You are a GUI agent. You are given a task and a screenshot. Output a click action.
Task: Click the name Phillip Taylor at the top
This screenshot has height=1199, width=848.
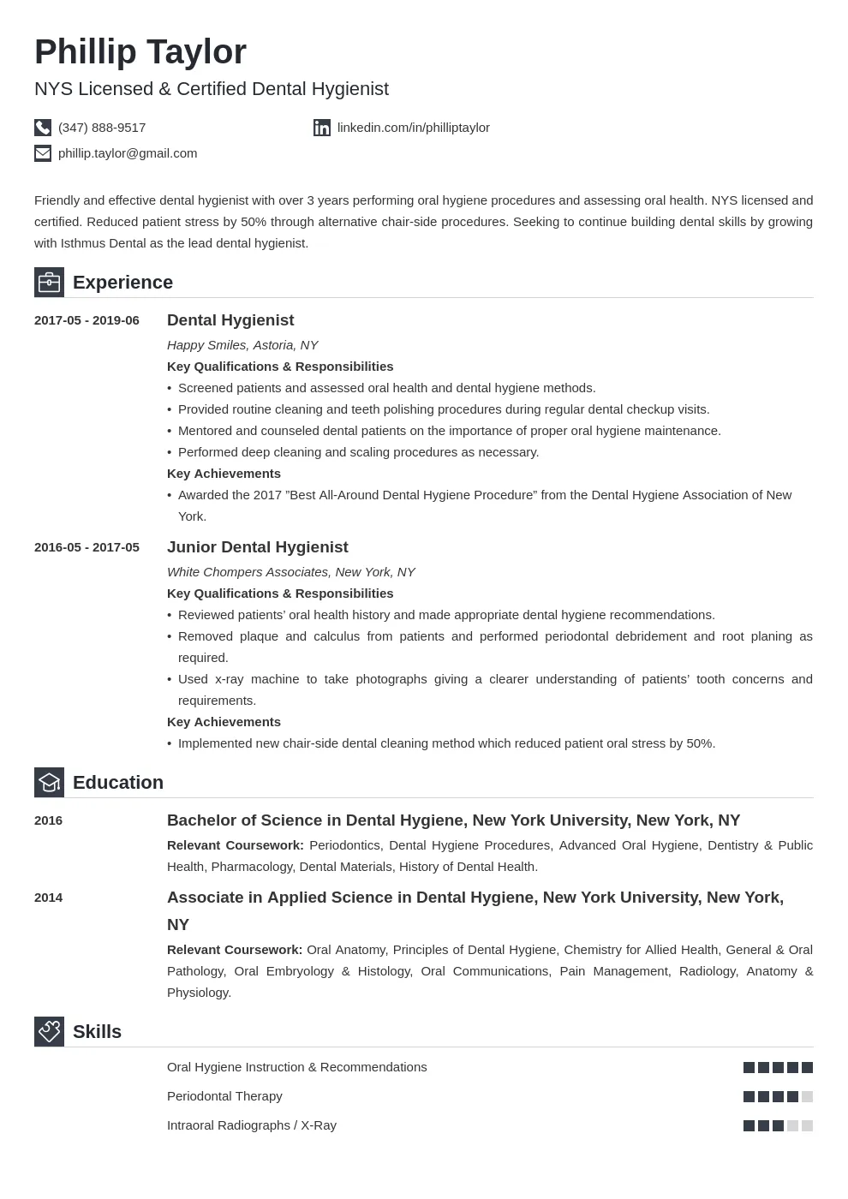140,52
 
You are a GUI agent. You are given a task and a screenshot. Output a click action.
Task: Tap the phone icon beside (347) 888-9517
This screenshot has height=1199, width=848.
43,128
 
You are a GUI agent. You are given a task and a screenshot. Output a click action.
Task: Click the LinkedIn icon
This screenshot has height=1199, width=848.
322,128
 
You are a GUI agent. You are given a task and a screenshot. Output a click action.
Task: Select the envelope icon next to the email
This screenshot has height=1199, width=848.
43,153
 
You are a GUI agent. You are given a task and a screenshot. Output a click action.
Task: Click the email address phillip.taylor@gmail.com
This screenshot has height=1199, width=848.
128,153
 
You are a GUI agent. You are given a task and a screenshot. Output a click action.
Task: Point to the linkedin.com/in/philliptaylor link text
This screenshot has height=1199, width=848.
413,128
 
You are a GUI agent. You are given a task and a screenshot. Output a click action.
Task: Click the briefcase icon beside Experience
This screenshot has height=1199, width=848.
49,282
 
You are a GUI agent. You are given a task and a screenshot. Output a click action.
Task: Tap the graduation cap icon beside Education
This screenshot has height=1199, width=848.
49,782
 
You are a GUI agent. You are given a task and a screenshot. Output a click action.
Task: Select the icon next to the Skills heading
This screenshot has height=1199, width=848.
49,1031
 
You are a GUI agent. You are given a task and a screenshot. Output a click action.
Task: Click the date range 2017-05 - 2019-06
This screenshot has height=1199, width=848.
87,320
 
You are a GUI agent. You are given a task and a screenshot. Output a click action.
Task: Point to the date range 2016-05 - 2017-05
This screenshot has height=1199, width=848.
87,547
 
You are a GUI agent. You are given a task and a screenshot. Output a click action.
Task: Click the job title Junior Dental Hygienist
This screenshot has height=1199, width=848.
257,547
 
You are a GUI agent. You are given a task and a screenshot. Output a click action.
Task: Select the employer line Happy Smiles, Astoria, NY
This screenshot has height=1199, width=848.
242,345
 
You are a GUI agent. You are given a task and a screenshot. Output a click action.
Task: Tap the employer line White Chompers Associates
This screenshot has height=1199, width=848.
290,572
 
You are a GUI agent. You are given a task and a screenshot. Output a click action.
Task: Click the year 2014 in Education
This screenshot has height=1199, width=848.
48,898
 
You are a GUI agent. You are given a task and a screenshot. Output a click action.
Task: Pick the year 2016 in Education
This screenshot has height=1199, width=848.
48,820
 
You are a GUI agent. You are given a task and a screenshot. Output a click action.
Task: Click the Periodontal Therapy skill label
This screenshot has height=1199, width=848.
224,1096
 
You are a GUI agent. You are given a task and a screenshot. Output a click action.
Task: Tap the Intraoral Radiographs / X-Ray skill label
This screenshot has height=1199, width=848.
251,1125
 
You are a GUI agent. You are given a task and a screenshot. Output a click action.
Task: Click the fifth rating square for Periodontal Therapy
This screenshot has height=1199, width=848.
807,1096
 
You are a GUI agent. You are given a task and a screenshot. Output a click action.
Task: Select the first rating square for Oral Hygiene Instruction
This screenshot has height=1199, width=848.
749,1067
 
